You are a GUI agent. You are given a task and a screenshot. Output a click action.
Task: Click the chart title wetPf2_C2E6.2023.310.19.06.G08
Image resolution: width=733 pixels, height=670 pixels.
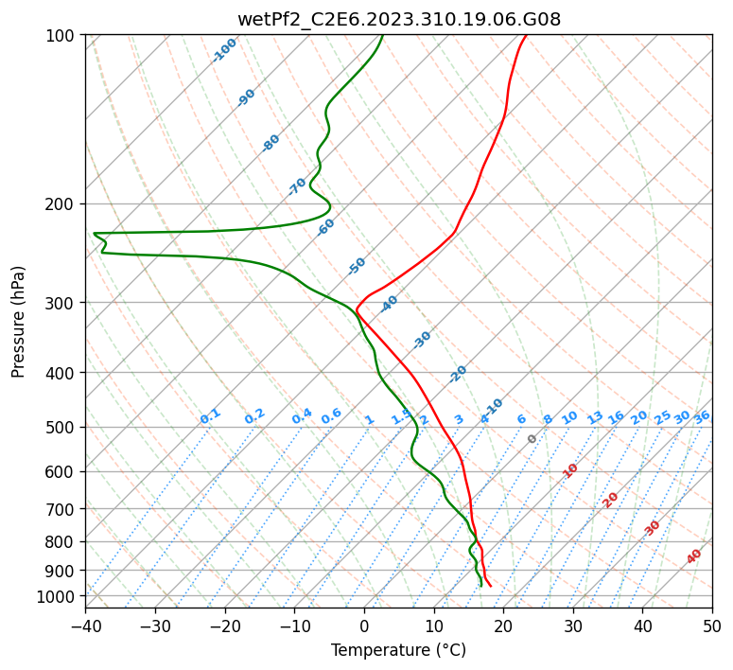click(399, 20)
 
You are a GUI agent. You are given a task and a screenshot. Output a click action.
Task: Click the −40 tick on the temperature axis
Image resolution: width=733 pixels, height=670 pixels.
click(85, 626)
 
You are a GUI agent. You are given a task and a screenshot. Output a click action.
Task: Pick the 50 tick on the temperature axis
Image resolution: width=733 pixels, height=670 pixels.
click(712, 626)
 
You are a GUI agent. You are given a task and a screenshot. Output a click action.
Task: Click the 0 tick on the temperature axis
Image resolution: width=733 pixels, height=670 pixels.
click(364, 626)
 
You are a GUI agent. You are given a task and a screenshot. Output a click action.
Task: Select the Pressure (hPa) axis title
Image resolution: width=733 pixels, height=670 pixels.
click(18, 322)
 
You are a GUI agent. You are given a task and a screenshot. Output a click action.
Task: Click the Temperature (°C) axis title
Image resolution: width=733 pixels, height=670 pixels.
click(399, 650)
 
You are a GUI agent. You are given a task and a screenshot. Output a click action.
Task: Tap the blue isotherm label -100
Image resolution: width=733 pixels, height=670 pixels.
click(224, 50)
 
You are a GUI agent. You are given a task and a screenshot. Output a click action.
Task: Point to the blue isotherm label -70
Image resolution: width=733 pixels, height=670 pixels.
click(297, 186)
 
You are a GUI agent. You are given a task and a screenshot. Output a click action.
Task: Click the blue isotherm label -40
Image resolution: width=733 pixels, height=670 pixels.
click(389, 304)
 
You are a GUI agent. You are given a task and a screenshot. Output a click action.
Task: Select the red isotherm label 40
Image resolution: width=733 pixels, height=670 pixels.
click(693, 556)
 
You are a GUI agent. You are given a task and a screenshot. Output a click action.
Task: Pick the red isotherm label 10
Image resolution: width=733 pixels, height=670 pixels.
click(569, 470)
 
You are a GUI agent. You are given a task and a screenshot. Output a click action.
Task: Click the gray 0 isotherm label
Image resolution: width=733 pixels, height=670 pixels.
click(532, 439)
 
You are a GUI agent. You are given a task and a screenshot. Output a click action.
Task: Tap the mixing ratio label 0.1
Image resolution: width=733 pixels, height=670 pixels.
click(210, 416)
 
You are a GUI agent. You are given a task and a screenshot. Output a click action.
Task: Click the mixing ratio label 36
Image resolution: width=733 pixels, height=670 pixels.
click(702, 417)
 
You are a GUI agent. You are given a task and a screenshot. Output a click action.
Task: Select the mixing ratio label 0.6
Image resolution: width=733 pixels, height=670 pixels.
click(331, 416)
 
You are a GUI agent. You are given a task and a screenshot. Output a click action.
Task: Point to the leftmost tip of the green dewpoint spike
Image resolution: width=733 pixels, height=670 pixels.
click(94, 233)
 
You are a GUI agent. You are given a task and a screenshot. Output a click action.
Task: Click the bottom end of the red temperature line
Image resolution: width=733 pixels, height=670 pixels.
click(491, 587)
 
